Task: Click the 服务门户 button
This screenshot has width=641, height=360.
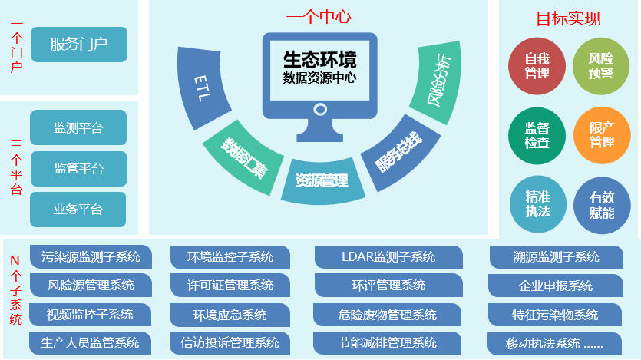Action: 78,45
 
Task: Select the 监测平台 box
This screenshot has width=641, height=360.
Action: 78,127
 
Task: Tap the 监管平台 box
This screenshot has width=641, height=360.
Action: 78,168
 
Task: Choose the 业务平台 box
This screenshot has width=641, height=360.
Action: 78,210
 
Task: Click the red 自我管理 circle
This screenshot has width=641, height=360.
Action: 537,66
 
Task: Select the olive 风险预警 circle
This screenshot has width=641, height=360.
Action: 601,66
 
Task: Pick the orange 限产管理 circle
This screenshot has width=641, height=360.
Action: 601,136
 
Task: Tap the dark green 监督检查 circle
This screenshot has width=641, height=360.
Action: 537,136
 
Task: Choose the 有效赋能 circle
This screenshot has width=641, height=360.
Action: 601,204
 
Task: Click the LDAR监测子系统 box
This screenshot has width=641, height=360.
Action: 388,257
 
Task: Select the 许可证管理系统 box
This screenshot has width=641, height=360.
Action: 230,286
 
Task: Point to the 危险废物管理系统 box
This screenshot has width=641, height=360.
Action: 387,315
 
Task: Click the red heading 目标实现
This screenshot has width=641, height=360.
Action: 567,19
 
